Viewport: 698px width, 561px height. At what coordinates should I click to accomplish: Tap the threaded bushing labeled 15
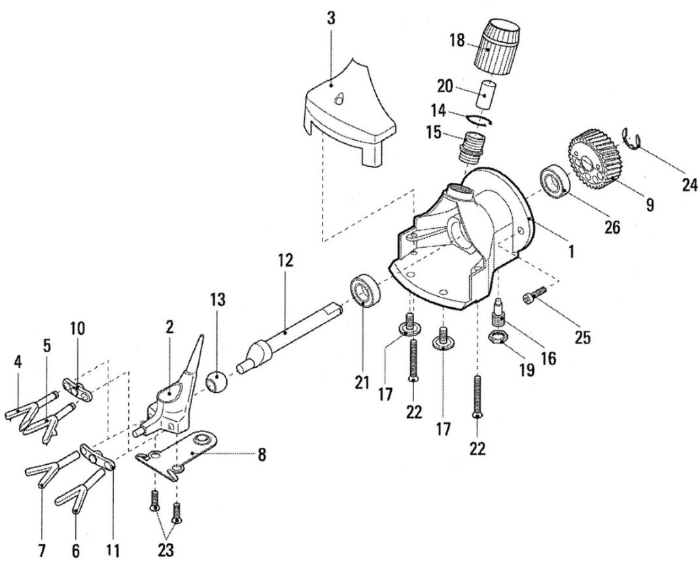click(472, 147)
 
